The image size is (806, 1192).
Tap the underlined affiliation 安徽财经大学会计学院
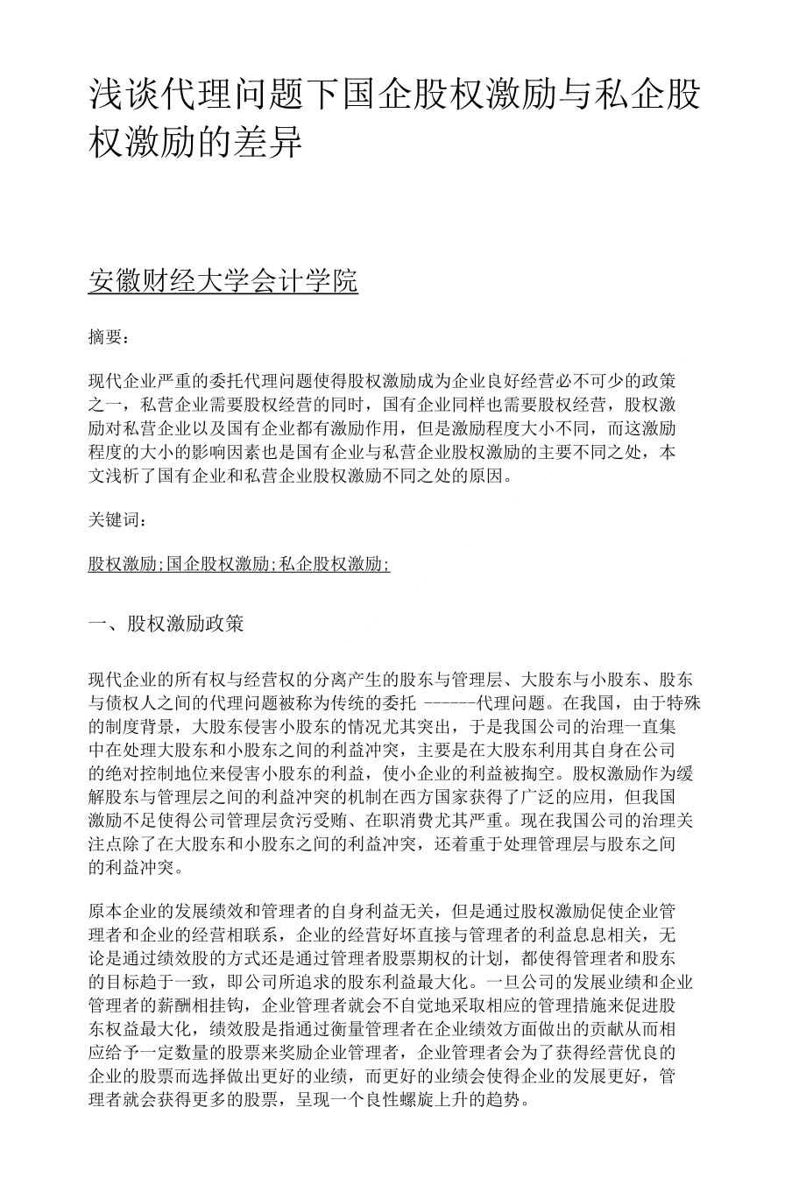point(223,282)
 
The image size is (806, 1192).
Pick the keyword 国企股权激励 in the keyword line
point(218,565)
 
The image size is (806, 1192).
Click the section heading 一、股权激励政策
point(166,624)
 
